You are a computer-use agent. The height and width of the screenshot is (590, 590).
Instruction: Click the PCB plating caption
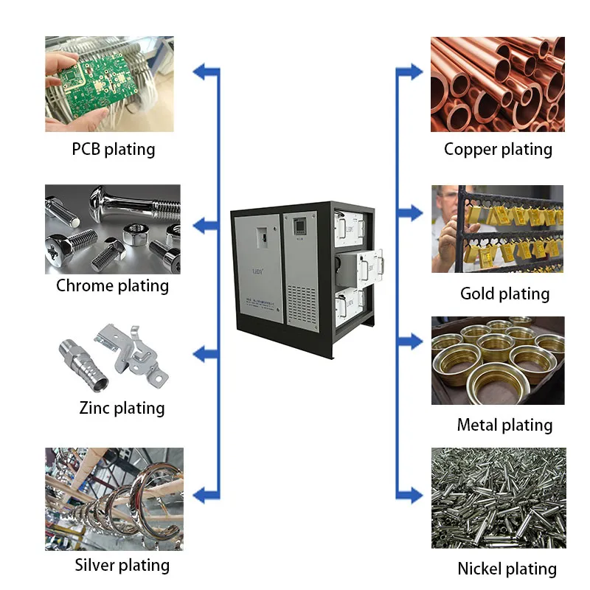(x=114, y=150)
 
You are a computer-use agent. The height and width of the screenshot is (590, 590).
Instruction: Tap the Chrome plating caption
(x=112, y=285)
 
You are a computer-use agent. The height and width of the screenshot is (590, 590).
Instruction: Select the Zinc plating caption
(x=122, y=408)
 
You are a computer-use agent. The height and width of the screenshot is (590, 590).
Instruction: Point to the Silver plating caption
(x=122, y=566)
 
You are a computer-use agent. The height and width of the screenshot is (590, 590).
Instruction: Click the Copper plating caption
(x=498, y=150)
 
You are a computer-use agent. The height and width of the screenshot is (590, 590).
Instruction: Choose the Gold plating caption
(x=504, y=294)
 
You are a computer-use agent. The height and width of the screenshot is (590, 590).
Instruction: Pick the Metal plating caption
(x=504, y=425)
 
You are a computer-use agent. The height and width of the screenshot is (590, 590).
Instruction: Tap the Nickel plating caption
(x=507, y=569)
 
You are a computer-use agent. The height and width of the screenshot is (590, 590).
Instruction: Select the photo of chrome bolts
(x=112, y=229)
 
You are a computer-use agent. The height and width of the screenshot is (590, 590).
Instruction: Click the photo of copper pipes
(x=497, y=84)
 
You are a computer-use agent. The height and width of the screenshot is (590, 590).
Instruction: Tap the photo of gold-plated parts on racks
(x=497, y=229)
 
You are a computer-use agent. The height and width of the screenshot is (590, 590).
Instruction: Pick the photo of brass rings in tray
(x=497, y=361)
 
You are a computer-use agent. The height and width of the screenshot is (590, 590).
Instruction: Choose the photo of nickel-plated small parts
(x=499, y=498)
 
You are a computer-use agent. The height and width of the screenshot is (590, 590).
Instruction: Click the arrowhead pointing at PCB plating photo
(x=202, y=72)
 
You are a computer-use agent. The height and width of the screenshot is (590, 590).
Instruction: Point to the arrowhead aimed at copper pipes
(x=413, y=72)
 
